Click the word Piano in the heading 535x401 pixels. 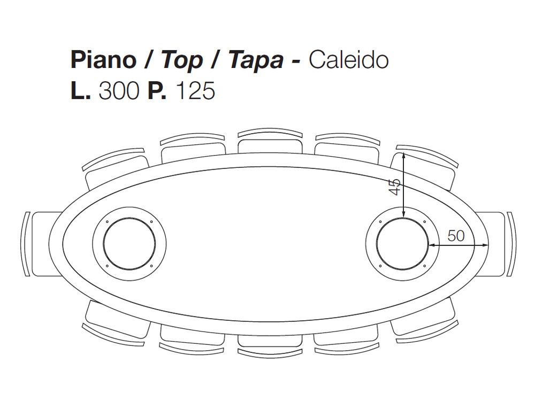103,60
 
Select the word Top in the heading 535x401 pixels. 182,61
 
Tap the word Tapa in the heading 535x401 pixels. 256,61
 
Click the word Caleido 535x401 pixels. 348,60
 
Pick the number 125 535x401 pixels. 195,91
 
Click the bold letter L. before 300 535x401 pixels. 81,91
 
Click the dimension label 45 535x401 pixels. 395,187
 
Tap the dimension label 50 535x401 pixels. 456,236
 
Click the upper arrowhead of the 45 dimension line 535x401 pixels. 403,156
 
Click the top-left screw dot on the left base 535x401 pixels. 107,222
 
